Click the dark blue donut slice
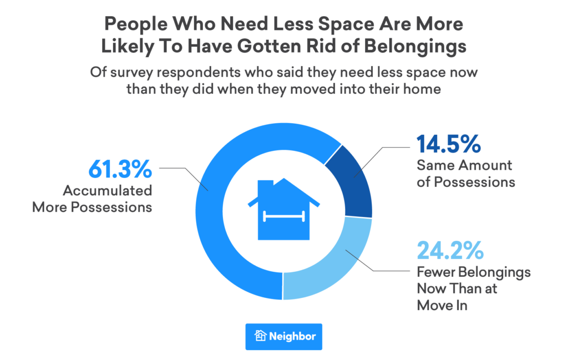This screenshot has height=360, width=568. pyautogui.click(x=349, y=182)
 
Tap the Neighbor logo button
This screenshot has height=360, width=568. pyautogui.click(x=284, y=336)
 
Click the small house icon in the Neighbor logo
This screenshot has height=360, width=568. pyautogui.click(x=261, y=336)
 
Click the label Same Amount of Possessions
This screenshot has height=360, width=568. pyautogui.click(x=466, y=174)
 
